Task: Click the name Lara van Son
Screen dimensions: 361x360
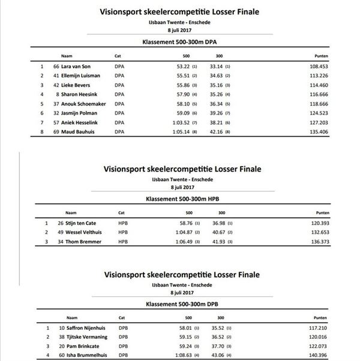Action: (x=80, y=67)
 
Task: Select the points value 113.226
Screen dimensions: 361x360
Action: (x=334, y=76)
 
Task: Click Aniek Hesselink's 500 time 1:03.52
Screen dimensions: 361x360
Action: (x=178, y=123)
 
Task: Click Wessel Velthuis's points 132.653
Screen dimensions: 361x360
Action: (x=334, y=233)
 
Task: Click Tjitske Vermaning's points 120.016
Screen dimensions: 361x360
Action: (x=334, y=338)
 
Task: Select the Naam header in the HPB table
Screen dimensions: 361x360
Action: (x=71, y=212)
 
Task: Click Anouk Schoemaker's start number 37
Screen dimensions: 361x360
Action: (x=56, y=104)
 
